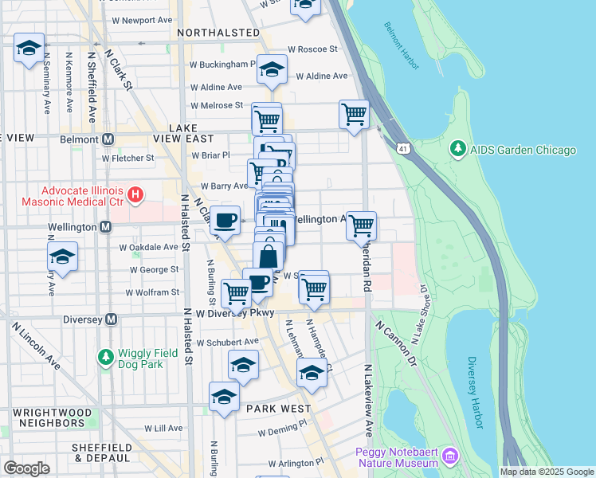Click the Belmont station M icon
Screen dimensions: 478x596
[x=108, y=139]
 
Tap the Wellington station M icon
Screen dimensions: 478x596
[x=105, y=228]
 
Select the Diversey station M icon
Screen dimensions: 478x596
[x=111, y=319]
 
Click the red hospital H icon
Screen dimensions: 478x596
[x=135, y=194]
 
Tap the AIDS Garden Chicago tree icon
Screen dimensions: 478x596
[x=457, y=150]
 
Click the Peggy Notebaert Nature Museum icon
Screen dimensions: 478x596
[x=451, y=456]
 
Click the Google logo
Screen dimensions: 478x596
[x=26, y=468]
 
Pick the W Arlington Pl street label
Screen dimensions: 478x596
[x=296, y=462]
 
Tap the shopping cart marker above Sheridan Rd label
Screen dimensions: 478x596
[x=361, y=226]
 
